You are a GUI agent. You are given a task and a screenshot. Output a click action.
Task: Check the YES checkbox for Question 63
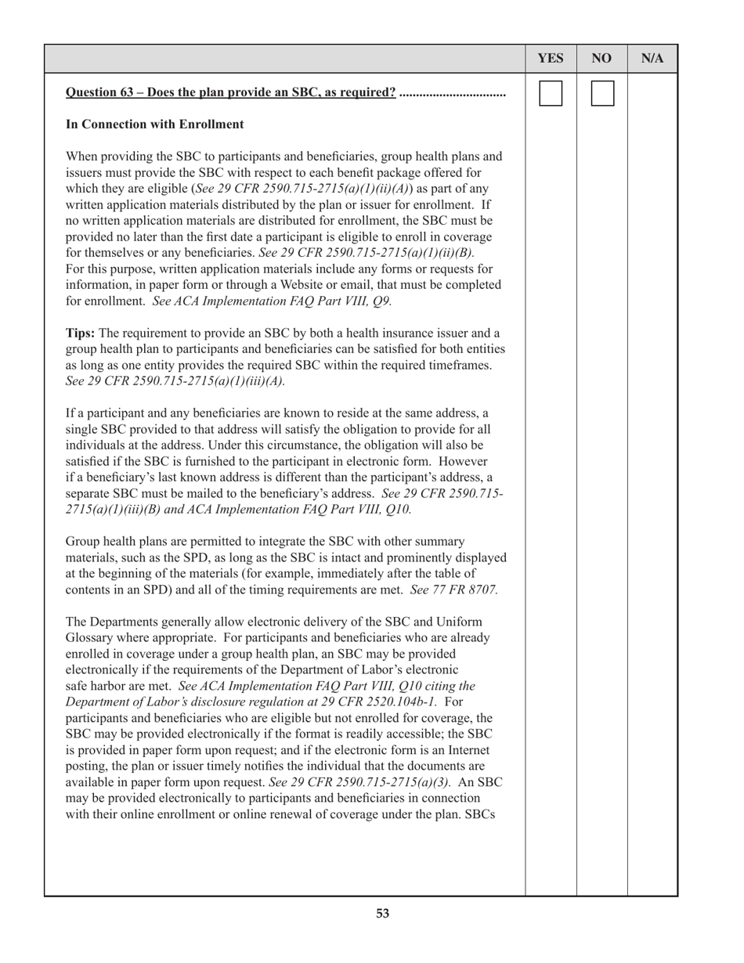(551, 94)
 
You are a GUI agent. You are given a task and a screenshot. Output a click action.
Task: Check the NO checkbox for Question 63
(601, 94)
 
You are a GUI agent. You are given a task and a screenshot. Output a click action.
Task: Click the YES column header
(551, 59)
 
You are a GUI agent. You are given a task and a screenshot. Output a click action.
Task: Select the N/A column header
(652, 59)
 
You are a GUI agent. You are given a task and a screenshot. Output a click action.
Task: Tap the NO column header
(601, 59)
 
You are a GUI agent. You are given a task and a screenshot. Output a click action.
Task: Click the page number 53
(382, 913)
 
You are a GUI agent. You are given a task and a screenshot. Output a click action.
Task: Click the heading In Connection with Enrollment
(154, 124)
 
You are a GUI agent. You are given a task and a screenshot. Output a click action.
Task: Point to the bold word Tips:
(81, 334)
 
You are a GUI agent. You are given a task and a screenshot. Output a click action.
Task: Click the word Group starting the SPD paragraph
(82, 542)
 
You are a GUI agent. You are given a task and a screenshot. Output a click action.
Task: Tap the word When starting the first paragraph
(82, 157)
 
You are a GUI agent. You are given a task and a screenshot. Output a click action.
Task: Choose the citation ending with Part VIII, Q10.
(329, 510)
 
